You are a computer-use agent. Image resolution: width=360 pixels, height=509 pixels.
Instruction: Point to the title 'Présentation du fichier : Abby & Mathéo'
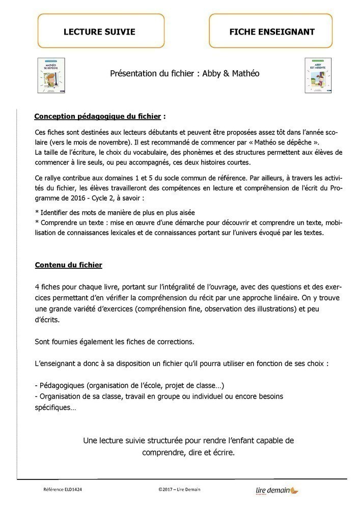[185, 73]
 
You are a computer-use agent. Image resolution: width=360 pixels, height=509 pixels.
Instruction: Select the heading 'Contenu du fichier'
[68, 265]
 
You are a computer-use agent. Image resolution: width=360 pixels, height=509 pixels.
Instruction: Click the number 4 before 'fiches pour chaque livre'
[37, 287]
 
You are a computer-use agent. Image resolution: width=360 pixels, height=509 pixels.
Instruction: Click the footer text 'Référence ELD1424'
[63, 490]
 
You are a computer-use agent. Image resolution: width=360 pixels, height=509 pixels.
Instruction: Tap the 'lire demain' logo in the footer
[277, 490]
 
